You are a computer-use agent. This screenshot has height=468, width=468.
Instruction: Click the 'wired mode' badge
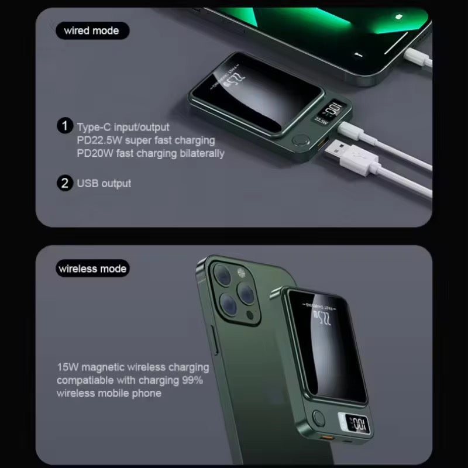coord(92,30)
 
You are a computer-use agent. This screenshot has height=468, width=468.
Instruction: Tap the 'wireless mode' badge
coord(92,269)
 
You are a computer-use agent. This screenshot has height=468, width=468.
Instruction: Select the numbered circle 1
coord(64,126)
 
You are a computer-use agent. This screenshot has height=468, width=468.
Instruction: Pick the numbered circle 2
coord(64,183)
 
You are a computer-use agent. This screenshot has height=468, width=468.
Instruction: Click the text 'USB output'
coord(104,183)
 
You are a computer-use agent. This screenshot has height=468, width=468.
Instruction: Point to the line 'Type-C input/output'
coord(123,126)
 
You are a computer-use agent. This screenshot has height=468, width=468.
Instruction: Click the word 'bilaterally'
coord(199,153)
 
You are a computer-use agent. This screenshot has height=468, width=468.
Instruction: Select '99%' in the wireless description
coord(191,380)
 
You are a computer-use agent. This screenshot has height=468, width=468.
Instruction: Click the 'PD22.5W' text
coord(97,140)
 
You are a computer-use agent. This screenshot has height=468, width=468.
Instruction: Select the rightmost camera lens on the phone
coord(249,291)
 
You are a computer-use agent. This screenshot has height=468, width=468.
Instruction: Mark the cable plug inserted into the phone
coord(412,57)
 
